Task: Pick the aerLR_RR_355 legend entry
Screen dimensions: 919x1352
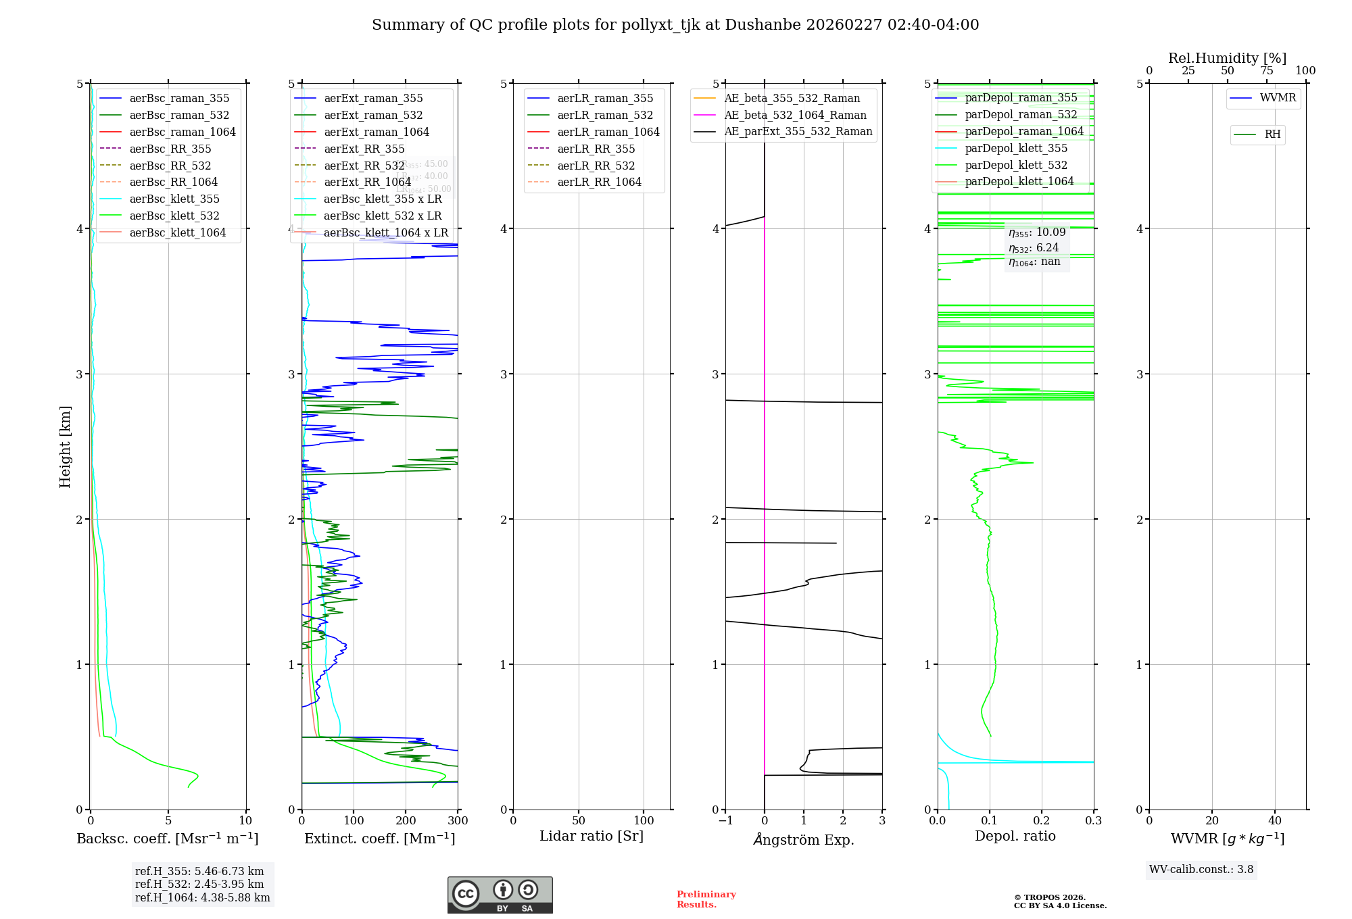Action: (x=596, y=149)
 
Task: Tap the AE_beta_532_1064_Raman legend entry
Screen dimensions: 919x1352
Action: (x=795, y=115)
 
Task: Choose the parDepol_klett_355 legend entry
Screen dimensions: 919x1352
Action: (x=1016, y=149)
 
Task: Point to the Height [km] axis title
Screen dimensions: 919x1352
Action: (x=65, y=447)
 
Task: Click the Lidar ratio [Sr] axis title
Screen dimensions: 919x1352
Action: (x=591, y=836)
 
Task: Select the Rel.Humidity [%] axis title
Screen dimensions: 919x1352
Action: (x=1227, y=58)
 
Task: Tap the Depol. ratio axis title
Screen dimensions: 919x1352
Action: (x=1015, y=836)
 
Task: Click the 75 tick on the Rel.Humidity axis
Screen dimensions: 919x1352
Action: (x=1267, y=71)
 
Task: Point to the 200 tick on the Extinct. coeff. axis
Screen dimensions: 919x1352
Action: (x=406, y=820)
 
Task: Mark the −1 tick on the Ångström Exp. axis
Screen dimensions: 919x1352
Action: (x=725, y=820)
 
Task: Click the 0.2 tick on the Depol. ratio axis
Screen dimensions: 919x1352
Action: (x=1042, y=820)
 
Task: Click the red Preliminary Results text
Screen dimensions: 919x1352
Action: (x=706, y=899)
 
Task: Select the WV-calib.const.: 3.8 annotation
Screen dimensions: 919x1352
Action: (x=1201, y=870)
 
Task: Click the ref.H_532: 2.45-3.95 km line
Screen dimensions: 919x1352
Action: (x=199, y=885)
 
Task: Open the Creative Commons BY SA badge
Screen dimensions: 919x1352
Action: (x=500, y=895)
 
